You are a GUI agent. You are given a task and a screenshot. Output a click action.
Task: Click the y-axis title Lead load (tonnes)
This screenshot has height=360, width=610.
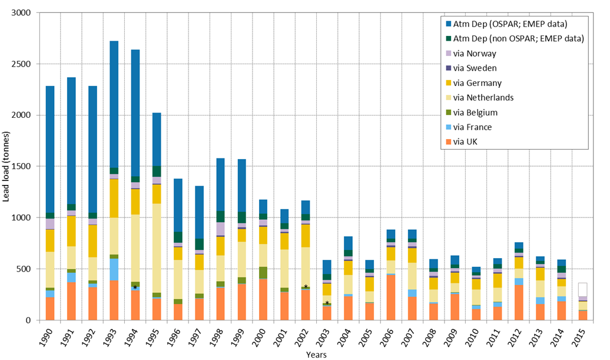pyautogui.click(x=6, y=167)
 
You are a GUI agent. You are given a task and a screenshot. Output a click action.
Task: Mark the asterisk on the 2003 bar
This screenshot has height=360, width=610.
pyautogui.click(x=327, y=303)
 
